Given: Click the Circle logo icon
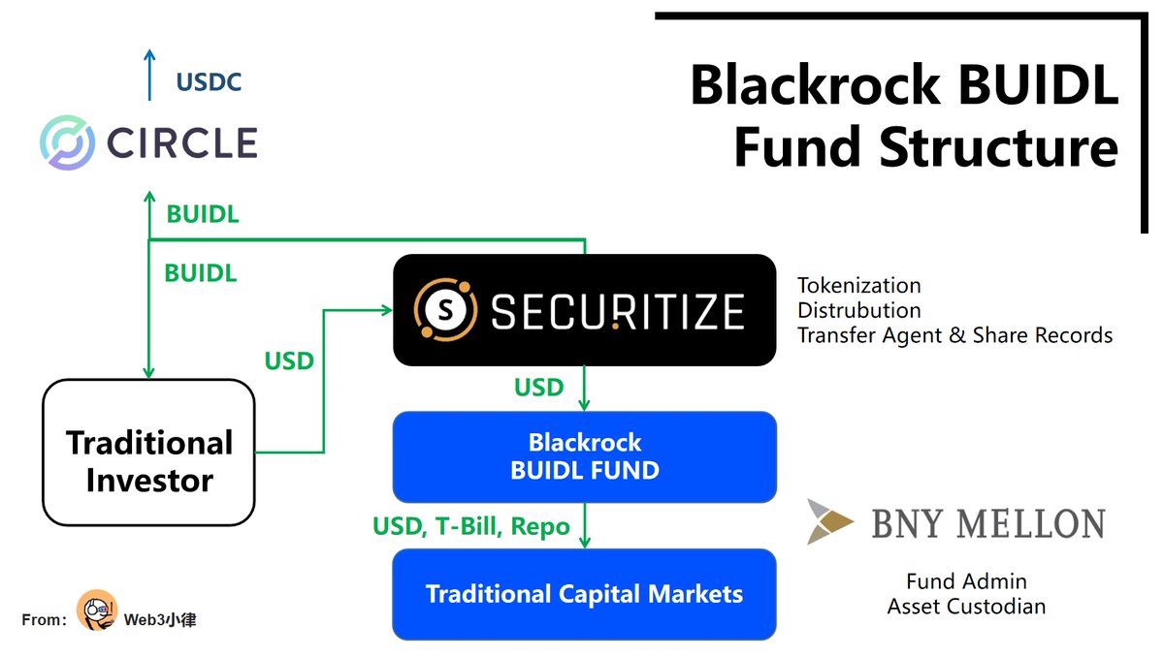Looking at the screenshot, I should [x=67, y=142].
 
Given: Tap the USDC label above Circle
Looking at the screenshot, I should [x=209, y=82].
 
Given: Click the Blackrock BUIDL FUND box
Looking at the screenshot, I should [x=584, y=456].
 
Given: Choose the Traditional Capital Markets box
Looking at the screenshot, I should [x=584, y=594].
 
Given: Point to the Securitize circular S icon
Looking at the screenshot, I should [x=445, y=310].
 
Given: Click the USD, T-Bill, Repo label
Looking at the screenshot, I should [x=471, y=527].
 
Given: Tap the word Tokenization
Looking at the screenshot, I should [x=858, y=286].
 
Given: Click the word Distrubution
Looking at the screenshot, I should [x=858, y=310].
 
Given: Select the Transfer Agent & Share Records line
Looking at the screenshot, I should [x=954, y=335].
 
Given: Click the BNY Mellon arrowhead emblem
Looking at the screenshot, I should [x=830, y=521].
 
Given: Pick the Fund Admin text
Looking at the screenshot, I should [x=966, y=581].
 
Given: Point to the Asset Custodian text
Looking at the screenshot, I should [x=966, y=607].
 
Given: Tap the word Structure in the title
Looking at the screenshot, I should [x=998, y=148].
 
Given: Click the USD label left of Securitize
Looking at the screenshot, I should [x=289, y=361].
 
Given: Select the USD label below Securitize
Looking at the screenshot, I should [x=538, y=388].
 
